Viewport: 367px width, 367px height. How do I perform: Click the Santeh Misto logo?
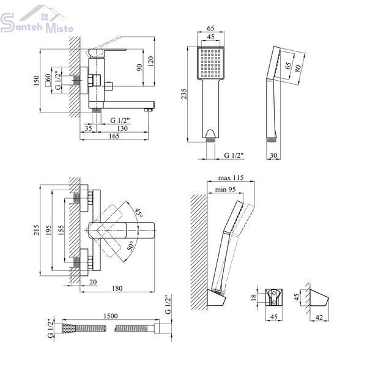tap(37, 20)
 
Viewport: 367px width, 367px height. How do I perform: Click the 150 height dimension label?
tap(36, 81)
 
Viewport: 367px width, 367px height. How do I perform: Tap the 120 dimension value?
tap(150, 61)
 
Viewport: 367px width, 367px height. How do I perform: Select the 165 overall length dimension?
tap(114, 136)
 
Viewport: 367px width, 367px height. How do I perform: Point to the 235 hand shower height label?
tap(184, 94)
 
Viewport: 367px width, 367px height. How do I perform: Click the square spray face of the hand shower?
tap(210, 63)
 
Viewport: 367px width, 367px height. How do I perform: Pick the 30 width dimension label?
tap(273, 155)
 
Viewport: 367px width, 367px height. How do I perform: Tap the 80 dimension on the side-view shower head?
tap(298, 69)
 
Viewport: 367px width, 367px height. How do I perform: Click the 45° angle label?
tap(138, 212)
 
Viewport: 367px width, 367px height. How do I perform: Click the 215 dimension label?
tap(37, 230)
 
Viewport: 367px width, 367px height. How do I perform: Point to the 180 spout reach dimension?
tap(117, 288)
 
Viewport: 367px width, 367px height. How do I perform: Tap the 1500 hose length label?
tap(111, 316)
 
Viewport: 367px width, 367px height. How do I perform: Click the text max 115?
tap(231, 178)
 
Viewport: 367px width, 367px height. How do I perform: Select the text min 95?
tap(225, 190)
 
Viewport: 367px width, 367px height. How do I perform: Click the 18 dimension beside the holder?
tap(253, 298)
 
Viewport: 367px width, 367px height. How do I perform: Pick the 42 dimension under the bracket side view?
tap(319, 317)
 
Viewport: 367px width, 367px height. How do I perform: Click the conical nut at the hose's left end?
tap(69, 328)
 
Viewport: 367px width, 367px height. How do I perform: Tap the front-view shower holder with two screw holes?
tap(273, 297)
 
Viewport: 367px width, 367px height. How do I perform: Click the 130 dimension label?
tap(122, 128)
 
